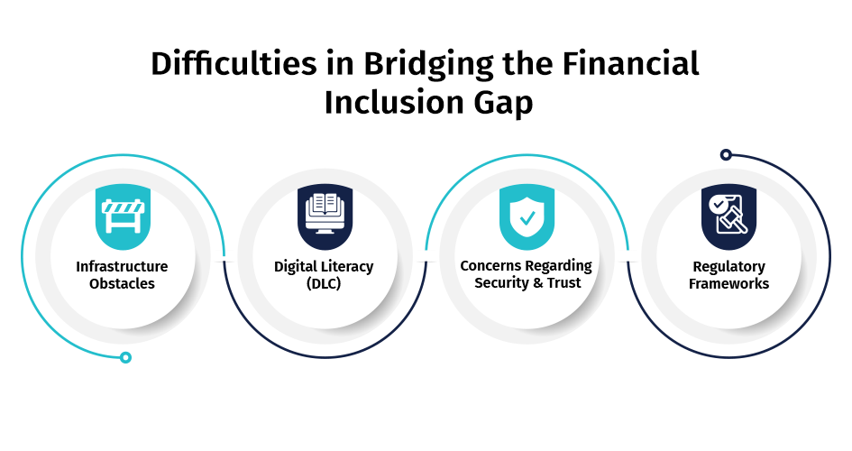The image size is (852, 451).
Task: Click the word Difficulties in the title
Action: [234, 63]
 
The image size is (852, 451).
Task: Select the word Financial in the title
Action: [630, 63]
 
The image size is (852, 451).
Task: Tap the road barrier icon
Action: [123, 216]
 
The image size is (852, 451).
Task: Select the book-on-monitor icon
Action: [325, 216]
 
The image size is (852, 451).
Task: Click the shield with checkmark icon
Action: [527, 216]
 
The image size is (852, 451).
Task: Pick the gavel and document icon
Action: [728, 216]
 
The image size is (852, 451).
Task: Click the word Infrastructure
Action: [123, 267]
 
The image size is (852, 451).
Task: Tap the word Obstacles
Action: [123, 283]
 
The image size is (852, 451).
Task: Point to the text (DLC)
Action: [324, 283]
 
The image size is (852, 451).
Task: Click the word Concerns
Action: [491, 266]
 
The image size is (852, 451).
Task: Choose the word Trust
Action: [564, 282]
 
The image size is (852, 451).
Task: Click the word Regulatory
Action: [728, 267]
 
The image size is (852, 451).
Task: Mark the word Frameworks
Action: [728, 283]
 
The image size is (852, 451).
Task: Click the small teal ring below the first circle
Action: [125, 357]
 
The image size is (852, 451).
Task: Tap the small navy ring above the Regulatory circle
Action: [726, 155]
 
